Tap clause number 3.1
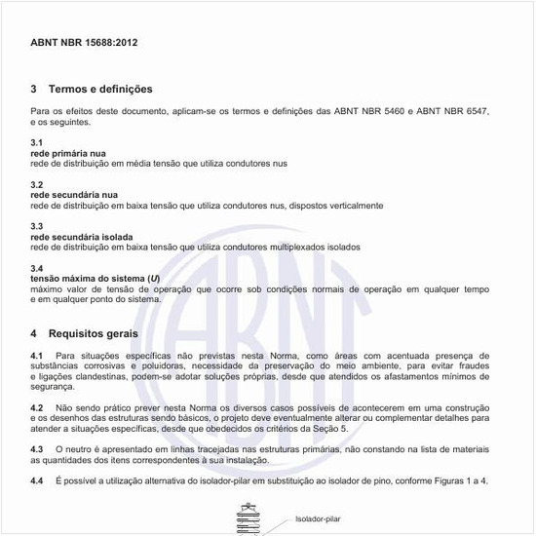37,143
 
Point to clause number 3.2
37,185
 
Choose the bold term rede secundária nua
74,195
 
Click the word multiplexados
292,248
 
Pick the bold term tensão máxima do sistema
88,279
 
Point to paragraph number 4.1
37,356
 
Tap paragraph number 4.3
37,447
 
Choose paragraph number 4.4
37,481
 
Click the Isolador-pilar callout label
319,519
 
